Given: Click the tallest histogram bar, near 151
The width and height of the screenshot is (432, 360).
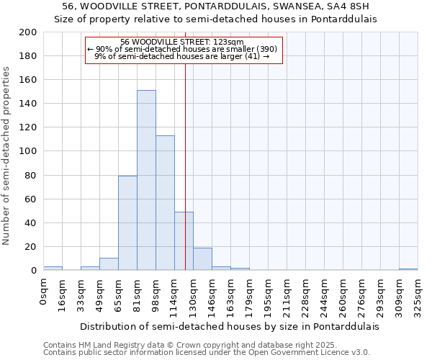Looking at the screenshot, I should pyautogui.click(x=146, y=180).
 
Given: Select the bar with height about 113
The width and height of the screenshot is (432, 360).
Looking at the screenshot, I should pyautogui.click(x=165, y=203).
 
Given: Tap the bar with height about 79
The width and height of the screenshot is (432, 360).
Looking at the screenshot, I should pyautogui.click(x=127, y=223).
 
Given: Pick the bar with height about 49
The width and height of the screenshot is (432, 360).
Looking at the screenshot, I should pyautogui.click(x=184, y=241).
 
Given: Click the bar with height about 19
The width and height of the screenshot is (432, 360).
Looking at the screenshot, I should pyautogui.click(x=202, y=259).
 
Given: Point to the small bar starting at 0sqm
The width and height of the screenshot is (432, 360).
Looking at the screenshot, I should pyautogui.click(x=53, y=268).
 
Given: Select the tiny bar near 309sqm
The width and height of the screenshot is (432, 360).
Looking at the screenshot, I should pyautogui.click(x=408, y=269).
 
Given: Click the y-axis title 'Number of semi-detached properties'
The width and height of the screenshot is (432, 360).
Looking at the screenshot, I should pyautogui.click(x=7, y=156).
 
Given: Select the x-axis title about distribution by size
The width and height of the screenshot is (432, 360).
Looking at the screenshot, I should pyautogui.click(x=229, y=325).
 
